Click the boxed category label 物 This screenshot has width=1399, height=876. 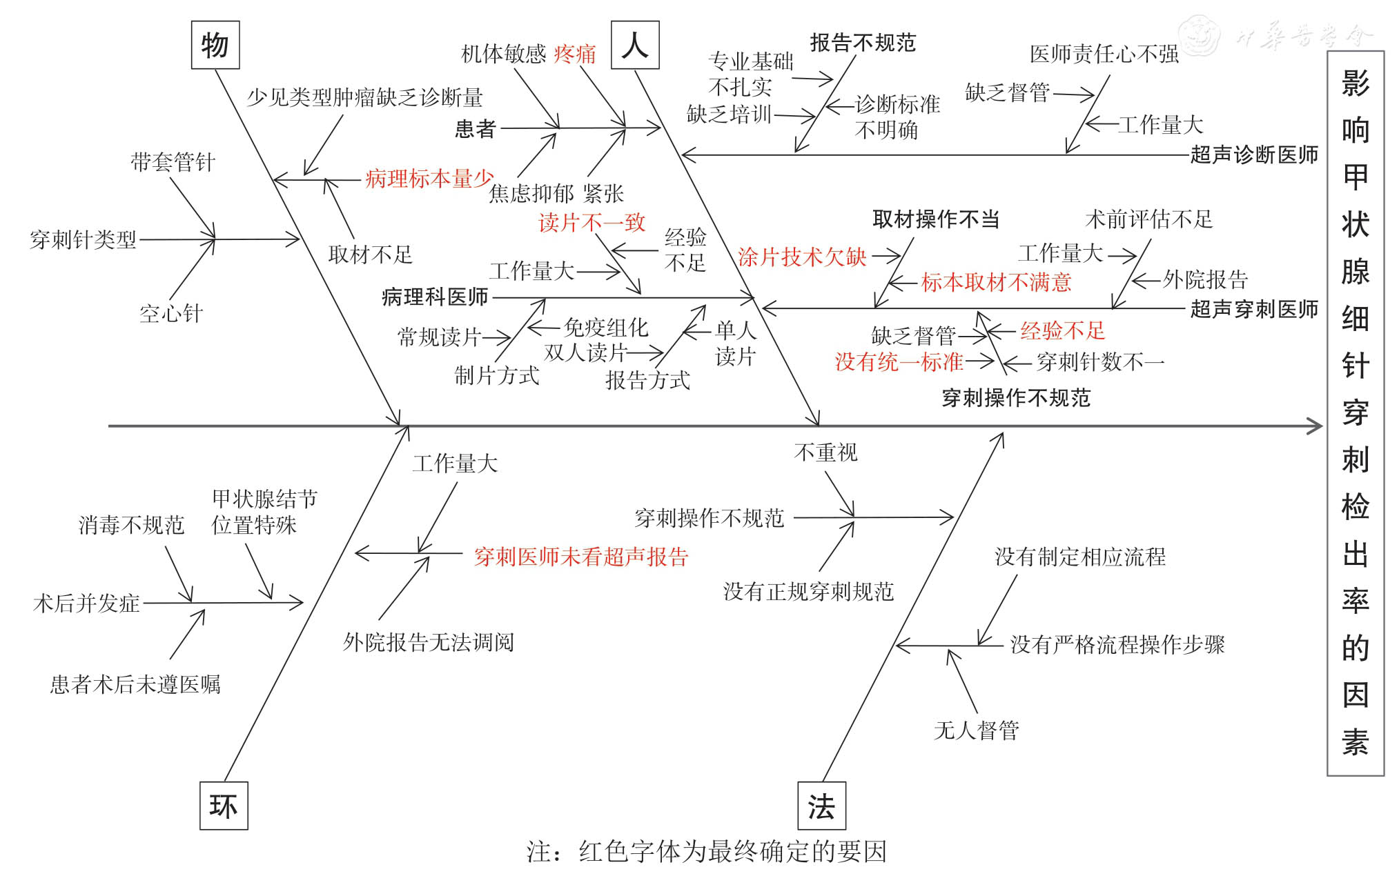click(215, 46)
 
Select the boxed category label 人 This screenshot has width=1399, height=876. click(635, 46)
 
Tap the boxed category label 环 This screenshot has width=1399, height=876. click(224, 806)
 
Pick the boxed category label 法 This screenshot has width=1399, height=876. click(821, 806)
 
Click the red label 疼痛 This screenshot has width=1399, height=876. click(575, 54)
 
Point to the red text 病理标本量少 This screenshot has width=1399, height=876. click(429, 179)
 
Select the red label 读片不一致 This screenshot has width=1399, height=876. click(591, 223)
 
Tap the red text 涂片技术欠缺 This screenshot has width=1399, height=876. click(802, 257)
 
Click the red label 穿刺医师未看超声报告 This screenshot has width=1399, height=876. click(581, 557)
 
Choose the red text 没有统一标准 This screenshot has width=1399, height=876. click(899, 361)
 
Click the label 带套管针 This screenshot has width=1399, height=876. click(173, 162)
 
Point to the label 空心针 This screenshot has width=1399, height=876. click(171, 314)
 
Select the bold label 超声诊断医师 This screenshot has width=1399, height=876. click(1254, 155)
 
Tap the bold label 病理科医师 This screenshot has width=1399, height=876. click(435, 297)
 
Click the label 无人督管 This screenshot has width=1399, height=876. click(976, 730)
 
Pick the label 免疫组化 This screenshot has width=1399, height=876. click(606, 327)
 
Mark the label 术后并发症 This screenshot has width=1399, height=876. click(86, 604)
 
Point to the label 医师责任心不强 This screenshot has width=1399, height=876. click(1104, 54)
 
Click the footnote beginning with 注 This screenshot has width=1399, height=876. click(706, 852)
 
